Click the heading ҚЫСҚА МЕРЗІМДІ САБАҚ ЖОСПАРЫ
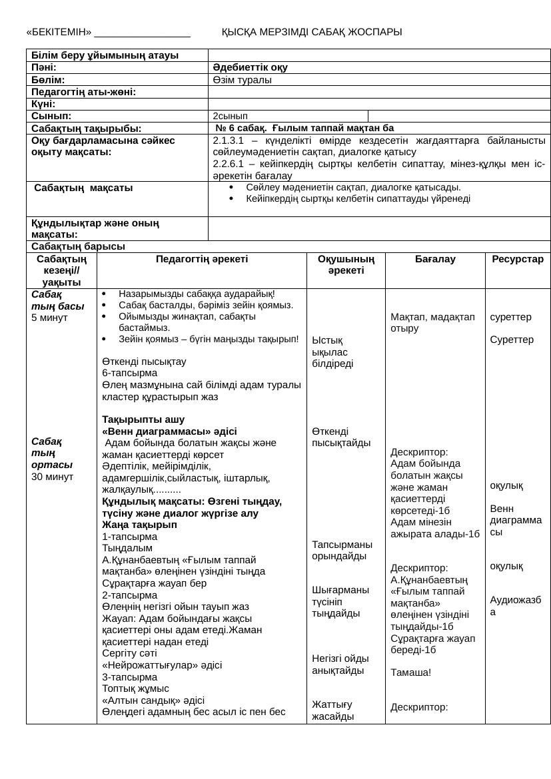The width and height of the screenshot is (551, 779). (x=311, y=32)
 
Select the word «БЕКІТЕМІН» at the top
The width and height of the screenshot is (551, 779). (x=59, y=32)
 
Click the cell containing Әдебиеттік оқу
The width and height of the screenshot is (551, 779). (x=251, y=67)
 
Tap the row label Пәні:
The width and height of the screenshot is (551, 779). (x=44, y=67)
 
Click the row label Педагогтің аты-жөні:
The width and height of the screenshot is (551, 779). (x=83, y=92)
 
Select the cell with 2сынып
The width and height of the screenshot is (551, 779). (x=230, y=116)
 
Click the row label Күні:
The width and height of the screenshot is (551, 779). (x=43, y=104)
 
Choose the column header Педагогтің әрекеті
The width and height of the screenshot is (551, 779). (x=201, y=259)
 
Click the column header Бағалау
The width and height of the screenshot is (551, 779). (x=435, y=259)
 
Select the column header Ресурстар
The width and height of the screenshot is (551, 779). (x=518, y=259)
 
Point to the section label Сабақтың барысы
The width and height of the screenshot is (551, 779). (x=78, y=246)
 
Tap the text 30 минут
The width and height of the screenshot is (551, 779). (x=52, y=476)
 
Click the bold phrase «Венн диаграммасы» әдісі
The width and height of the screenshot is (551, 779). (x=169, y=431)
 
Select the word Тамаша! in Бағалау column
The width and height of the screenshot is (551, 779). (x=410, y=672)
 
